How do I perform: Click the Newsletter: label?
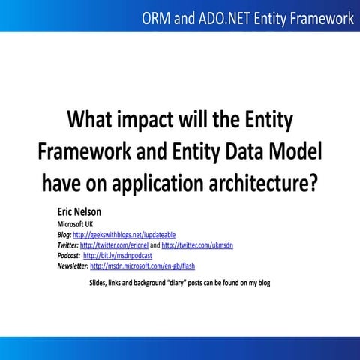point(73,265)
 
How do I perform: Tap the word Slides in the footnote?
point(98,283)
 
